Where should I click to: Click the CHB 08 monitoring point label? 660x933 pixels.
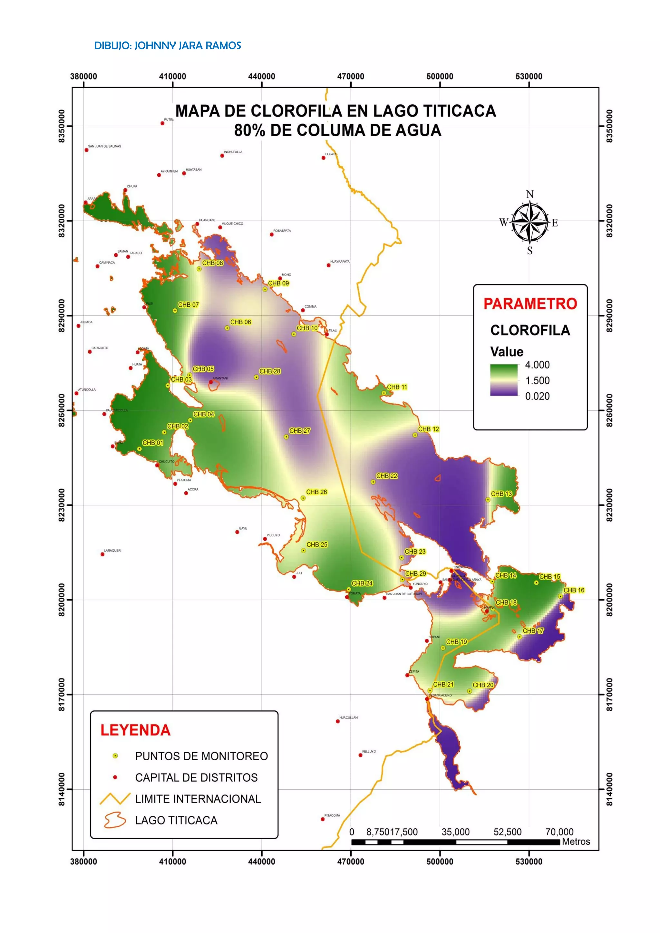pyautogui.click(x=213, y=263)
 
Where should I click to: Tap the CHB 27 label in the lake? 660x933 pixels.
pyautogui.click(x=299, y=431)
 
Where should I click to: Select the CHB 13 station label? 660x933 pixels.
pyautogui.click(x=501, y=494)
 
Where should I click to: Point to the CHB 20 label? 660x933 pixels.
pyautogui.click(x=483, y=685)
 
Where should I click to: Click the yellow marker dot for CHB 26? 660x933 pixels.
pyautogui.click(x=303, y=498)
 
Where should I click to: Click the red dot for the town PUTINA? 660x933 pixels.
pyautogui.click(x=162, y=123)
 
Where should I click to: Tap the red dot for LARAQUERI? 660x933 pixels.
pyautogui.click(x=102, y=554)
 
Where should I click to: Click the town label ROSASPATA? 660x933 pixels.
pyautogui.click(x=282, y=231)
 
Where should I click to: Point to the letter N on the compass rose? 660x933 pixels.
pyautogui.click(x=529, y=194)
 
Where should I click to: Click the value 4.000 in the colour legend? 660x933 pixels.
pyautogui.click(x=537, y=365)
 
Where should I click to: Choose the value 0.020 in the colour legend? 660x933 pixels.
pyautogui.click(x=537, y=396)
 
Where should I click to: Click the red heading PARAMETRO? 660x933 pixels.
pyautogui.click(x=530, y=304)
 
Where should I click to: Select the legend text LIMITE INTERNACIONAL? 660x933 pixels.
pyautogui.click(x=198, y=799)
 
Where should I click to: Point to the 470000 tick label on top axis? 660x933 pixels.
pyautogui.click(x=350, y=76)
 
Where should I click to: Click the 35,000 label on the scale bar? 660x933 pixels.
pyautogui.click(x=455, y=832)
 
